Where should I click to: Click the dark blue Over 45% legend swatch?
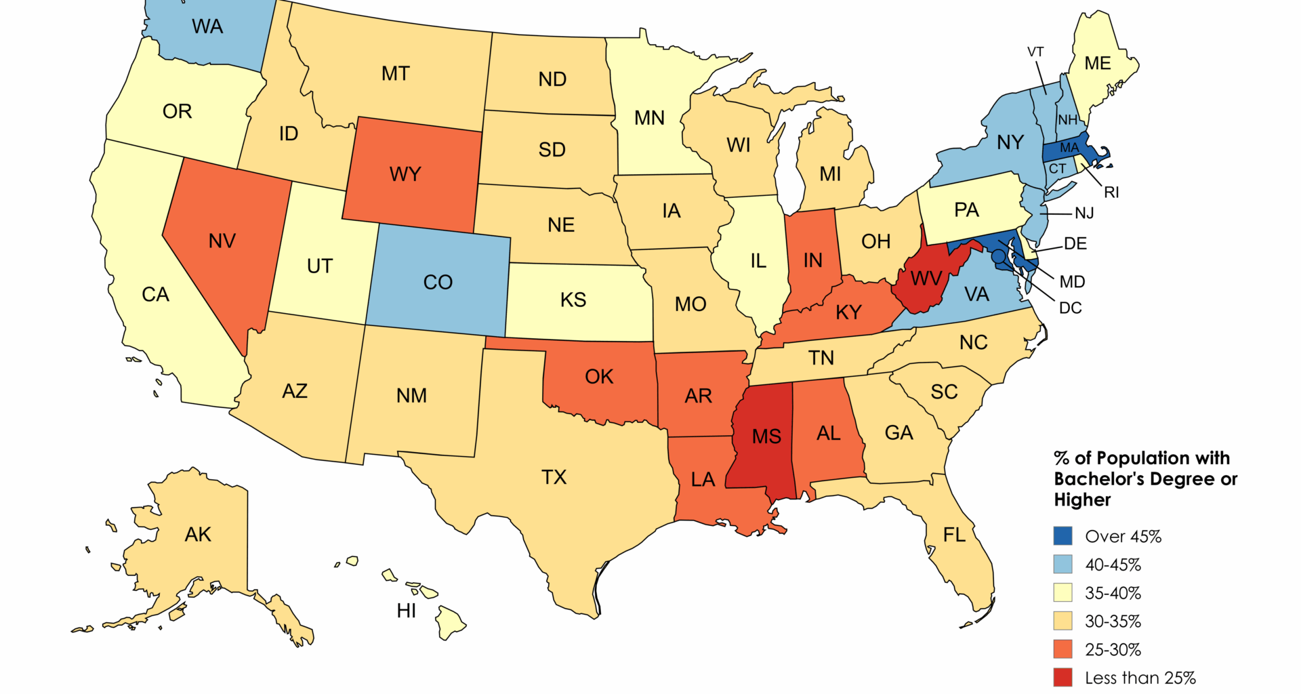1062,536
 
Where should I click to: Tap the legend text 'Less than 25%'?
1140,678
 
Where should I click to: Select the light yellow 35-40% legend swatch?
1062,592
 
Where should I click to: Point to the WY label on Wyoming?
405,174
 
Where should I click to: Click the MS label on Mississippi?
766,436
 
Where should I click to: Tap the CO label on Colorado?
438,282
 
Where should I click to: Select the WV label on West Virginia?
926,279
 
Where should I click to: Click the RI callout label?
1111,192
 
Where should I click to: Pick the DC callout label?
1070,308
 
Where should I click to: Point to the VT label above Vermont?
1035,52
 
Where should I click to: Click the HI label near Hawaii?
407,611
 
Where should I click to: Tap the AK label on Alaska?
198,535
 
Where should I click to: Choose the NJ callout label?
1084,213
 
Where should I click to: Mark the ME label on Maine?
1097,64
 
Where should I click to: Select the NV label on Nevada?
222,241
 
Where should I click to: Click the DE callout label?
1075,243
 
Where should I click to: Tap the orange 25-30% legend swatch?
1062,649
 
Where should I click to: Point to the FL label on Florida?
954,535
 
